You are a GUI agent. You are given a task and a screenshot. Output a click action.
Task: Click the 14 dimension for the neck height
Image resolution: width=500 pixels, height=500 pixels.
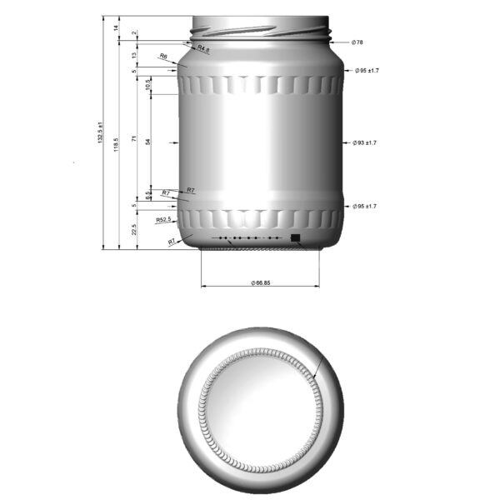click(117, 28)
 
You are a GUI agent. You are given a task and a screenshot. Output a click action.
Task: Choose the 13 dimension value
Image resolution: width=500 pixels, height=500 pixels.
click(135, 55)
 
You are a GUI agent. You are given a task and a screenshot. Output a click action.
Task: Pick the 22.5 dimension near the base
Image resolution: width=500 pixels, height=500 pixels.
click(135, 229)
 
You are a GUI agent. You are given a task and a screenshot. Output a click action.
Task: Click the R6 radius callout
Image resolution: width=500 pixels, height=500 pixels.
click(163, 57)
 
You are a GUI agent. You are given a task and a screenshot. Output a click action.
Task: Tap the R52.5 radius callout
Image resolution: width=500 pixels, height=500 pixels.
click(163, 220)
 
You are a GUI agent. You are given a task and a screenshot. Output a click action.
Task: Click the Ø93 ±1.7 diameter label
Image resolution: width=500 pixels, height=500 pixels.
click(366, 143)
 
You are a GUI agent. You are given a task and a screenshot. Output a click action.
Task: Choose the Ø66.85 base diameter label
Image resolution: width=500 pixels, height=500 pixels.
click(260, 283)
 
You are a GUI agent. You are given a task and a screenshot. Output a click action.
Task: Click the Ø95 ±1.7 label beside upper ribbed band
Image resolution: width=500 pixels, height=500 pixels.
click(366, 72)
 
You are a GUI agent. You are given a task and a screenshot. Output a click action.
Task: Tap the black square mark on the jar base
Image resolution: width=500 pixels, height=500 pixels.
click(295, 238)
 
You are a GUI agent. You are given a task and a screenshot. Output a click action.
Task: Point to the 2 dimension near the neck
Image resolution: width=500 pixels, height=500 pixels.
click(135, 33)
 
